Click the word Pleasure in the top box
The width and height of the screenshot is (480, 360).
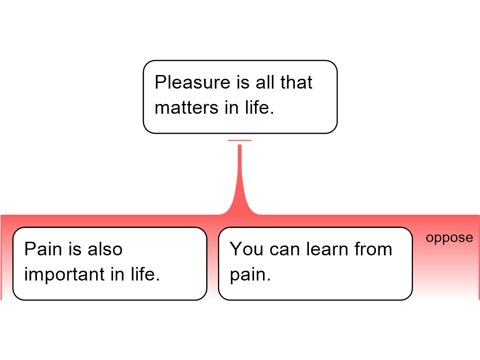pyautogui.click(x=192, y=82)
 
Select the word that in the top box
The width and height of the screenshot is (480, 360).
pyautogui.click(x=296, y=82)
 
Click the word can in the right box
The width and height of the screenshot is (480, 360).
pyautogui.click(x=285, y=249)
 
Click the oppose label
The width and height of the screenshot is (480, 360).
pyautogui.click(x=450, y=238)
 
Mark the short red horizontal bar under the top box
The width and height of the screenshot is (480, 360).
pyautogui.click(x=240, y=141)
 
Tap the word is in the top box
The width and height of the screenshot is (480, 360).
pyautogui.click(x=243, y=82)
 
